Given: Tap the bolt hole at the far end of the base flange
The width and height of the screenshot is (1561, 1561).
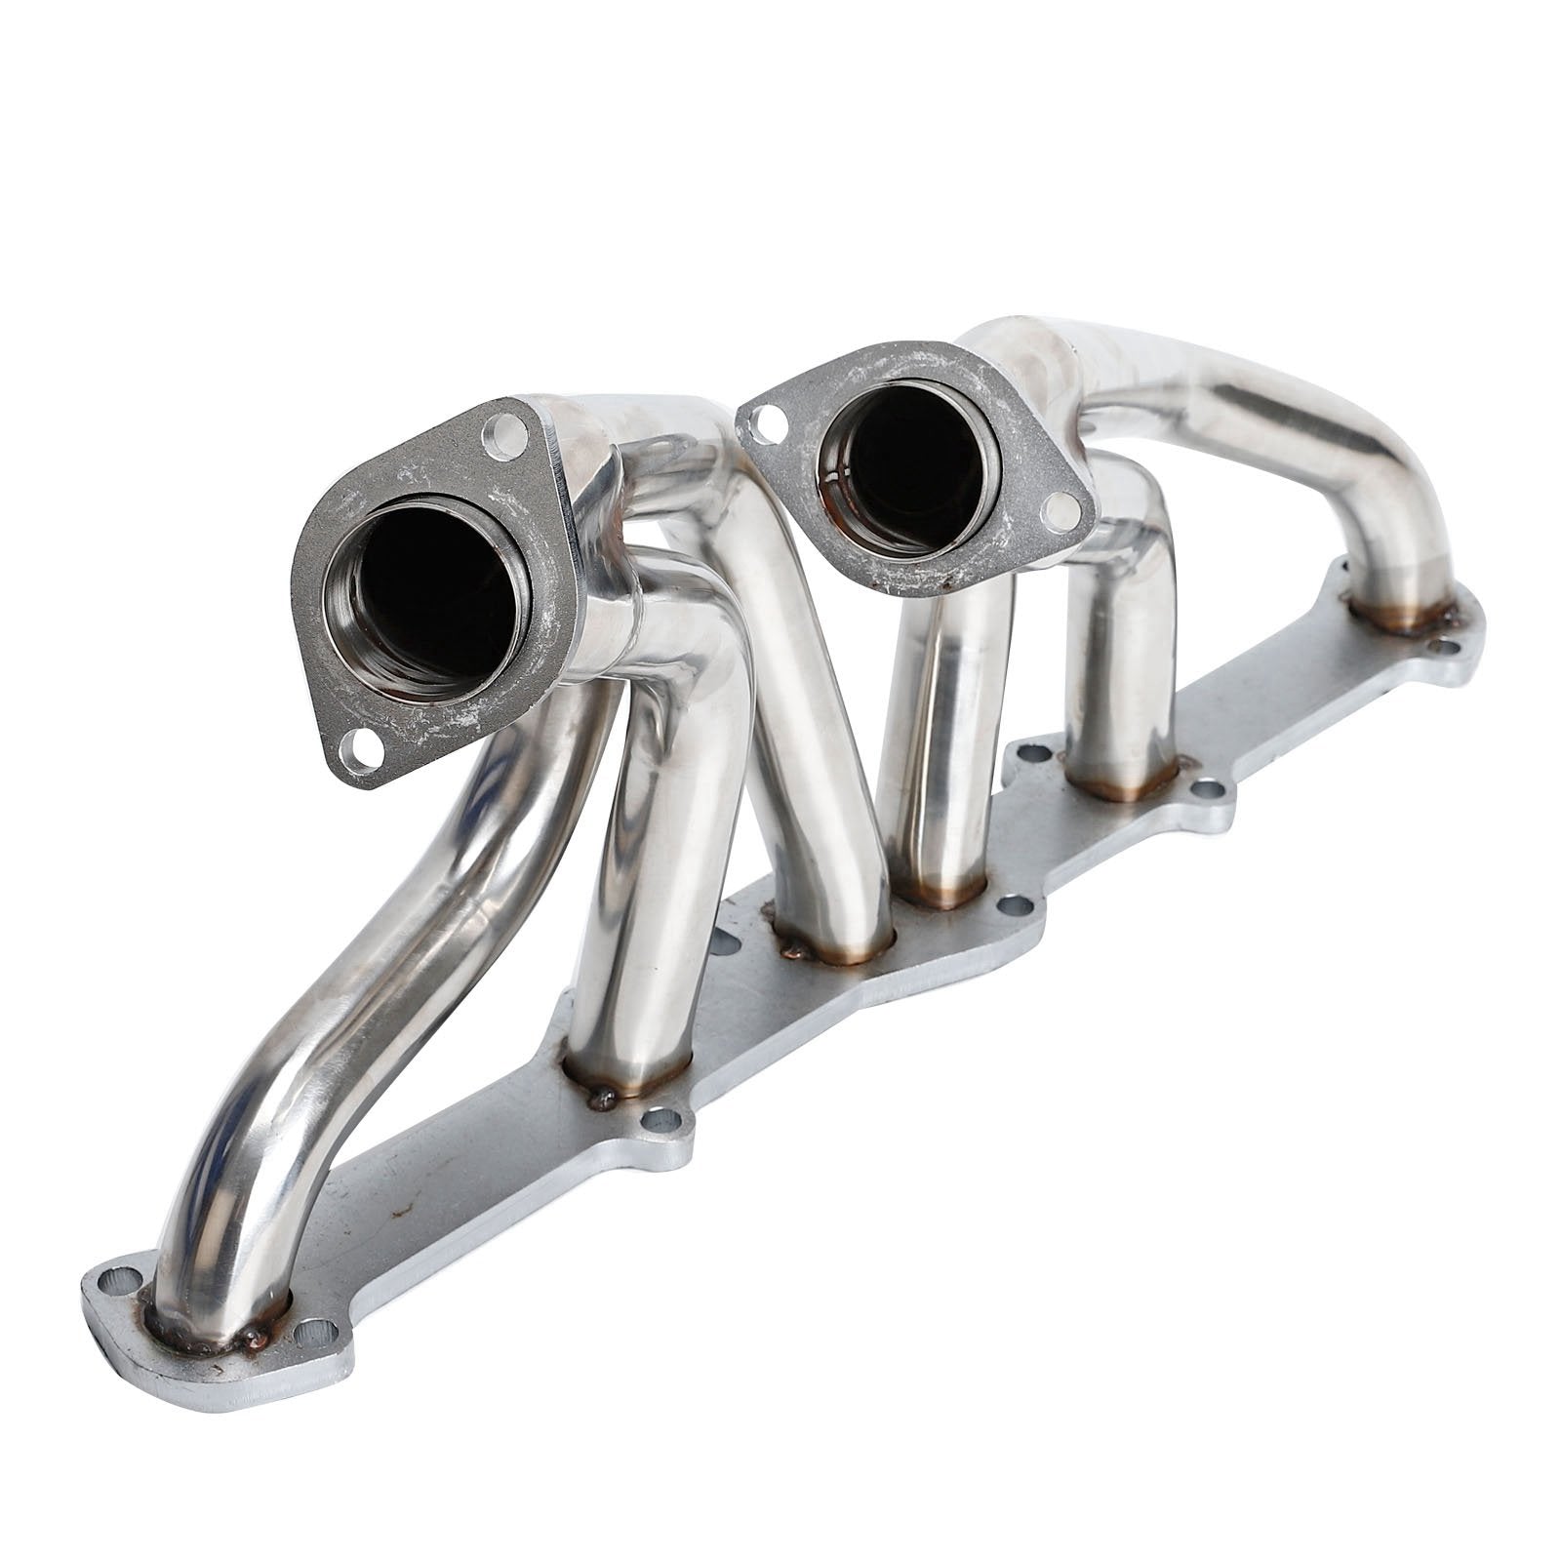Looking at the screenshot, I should click(x=1448, y=646).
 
